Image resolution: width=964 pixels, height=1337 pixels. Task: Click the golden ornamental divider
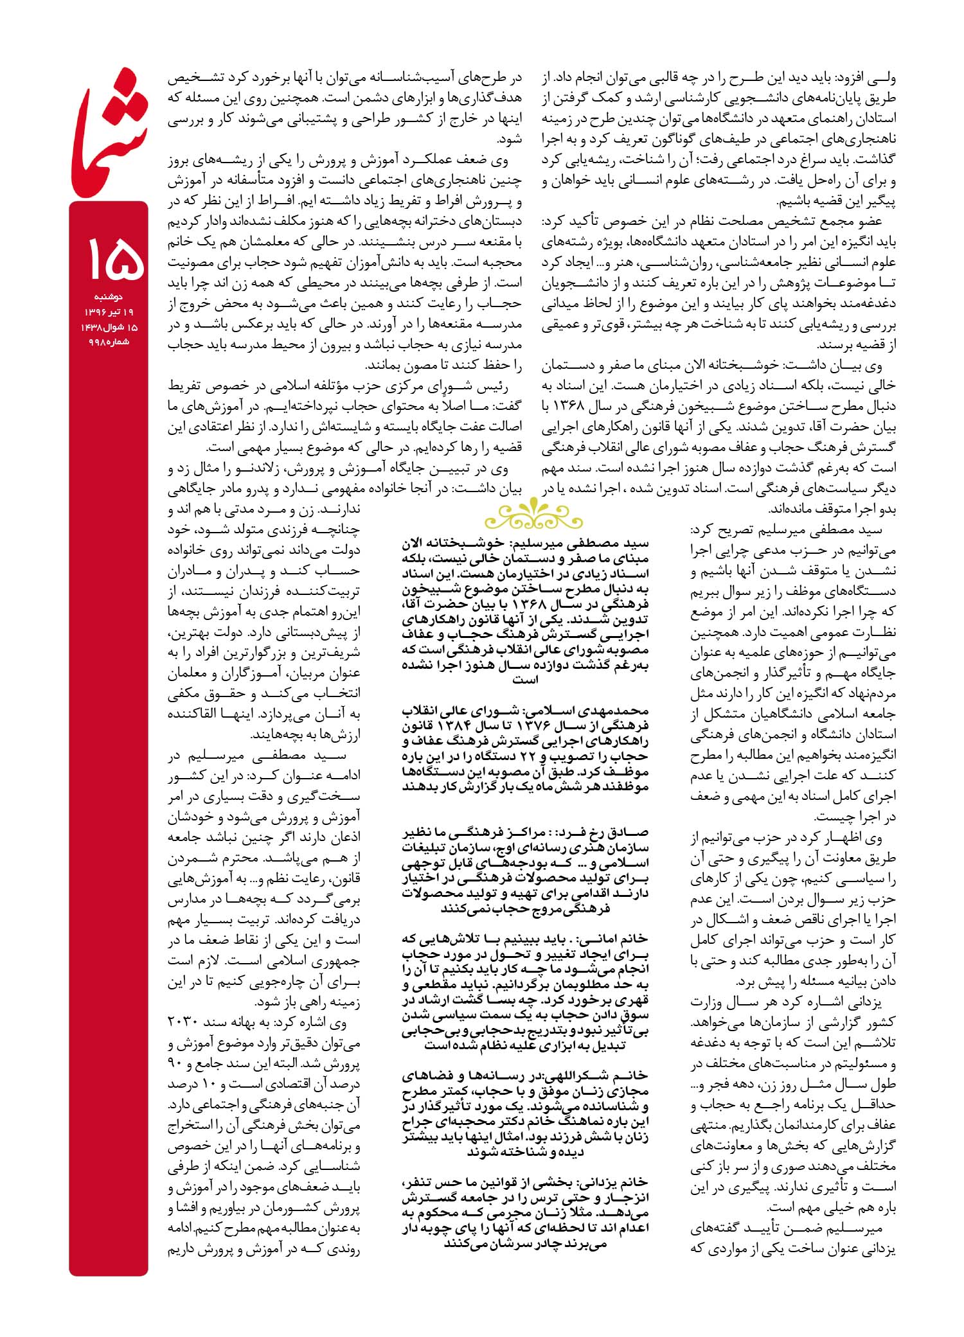(x=525, y=514)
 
